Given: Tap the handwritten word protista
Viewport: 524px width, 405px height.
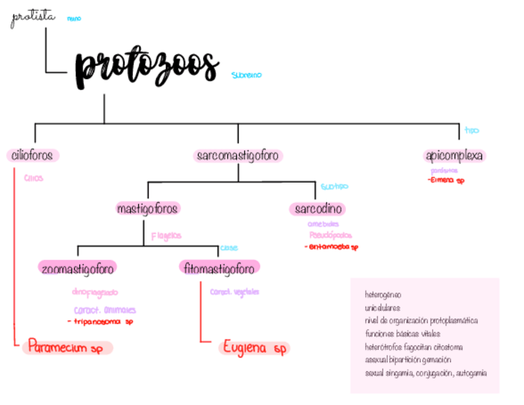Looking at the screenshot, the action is [x=33, y=19].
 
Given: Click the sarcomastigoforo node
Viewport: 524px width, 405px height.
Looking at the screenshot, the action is [x=238, y=156].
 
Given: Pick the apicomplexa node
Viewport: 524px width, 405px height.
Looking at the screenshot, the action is [x=454, y=156].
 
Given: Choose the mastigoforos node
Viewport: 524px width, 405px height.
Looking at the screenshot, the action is [x=148, y=209].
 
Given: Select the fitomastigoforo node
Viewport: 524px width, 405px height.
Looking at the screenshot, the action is [x=219, y=268].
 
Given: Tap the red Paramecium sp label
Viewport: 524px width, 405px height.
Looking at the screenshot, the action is [x=65, y=348].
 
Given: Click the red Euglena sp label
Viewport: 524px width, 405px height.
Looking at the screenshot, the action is [x=255, y=348].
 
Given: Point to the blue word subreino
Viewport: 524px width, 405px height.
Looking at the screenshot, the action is [x=247, y=75].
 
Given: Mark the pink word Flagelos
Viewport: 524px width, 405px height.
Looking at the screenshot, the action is [x=166, y=236].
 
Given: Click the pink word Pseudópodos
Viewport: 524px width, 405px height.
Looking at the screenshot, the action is [x=331, y=235].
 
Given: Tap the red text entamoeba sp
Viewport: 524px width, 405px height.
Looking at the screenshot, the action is [x=331, y=247].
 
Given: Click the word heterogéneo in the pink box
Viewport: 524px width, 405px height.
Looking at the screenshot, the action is [x=383, y=295].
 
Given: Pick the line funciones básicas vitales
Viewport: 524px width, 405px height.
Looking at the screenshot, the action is [x=402, y=334].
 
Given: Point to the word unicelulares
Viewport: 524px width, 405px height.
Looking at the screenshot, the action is [x=382, y=307].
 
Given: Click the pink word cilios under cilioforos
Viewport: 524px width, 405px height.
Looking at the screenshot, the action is [x=33, y=178].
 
